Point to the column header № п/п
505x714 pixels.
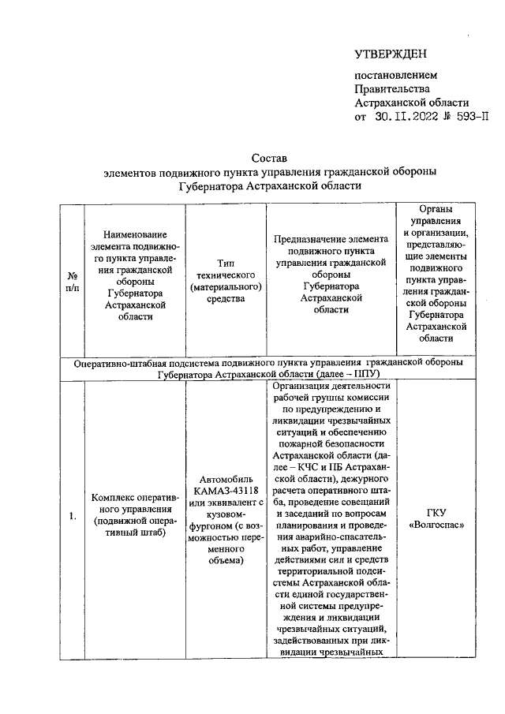[73, 282]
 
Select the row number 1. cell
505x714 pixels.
[73, 517]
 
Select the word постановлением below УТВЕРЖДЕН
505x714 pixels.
[394, 75]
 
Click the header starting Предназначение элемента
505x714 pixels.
[331, 275]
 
